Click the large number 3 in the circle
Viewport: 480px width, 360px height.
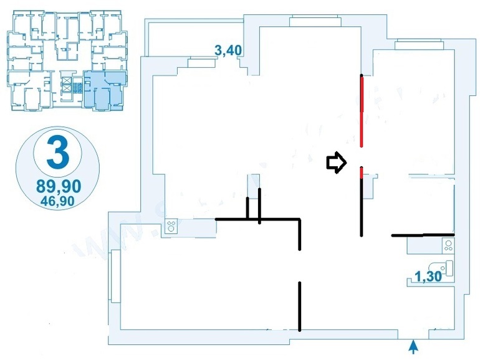click(x=57, y=153)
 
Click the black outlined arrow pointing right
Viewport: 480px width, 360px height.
click(x=336, y=163)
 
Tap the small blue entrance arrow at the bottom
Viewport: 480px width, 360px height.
click(x=413, y=344)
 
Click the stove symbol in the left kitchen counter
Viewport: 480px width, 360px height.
click(x=170, y=228)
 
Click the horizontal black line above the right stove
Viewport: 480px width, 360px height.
click(x=423, y=235)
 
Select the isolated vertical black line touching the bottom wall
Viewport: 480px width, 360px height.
click(x=300, y=306)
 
